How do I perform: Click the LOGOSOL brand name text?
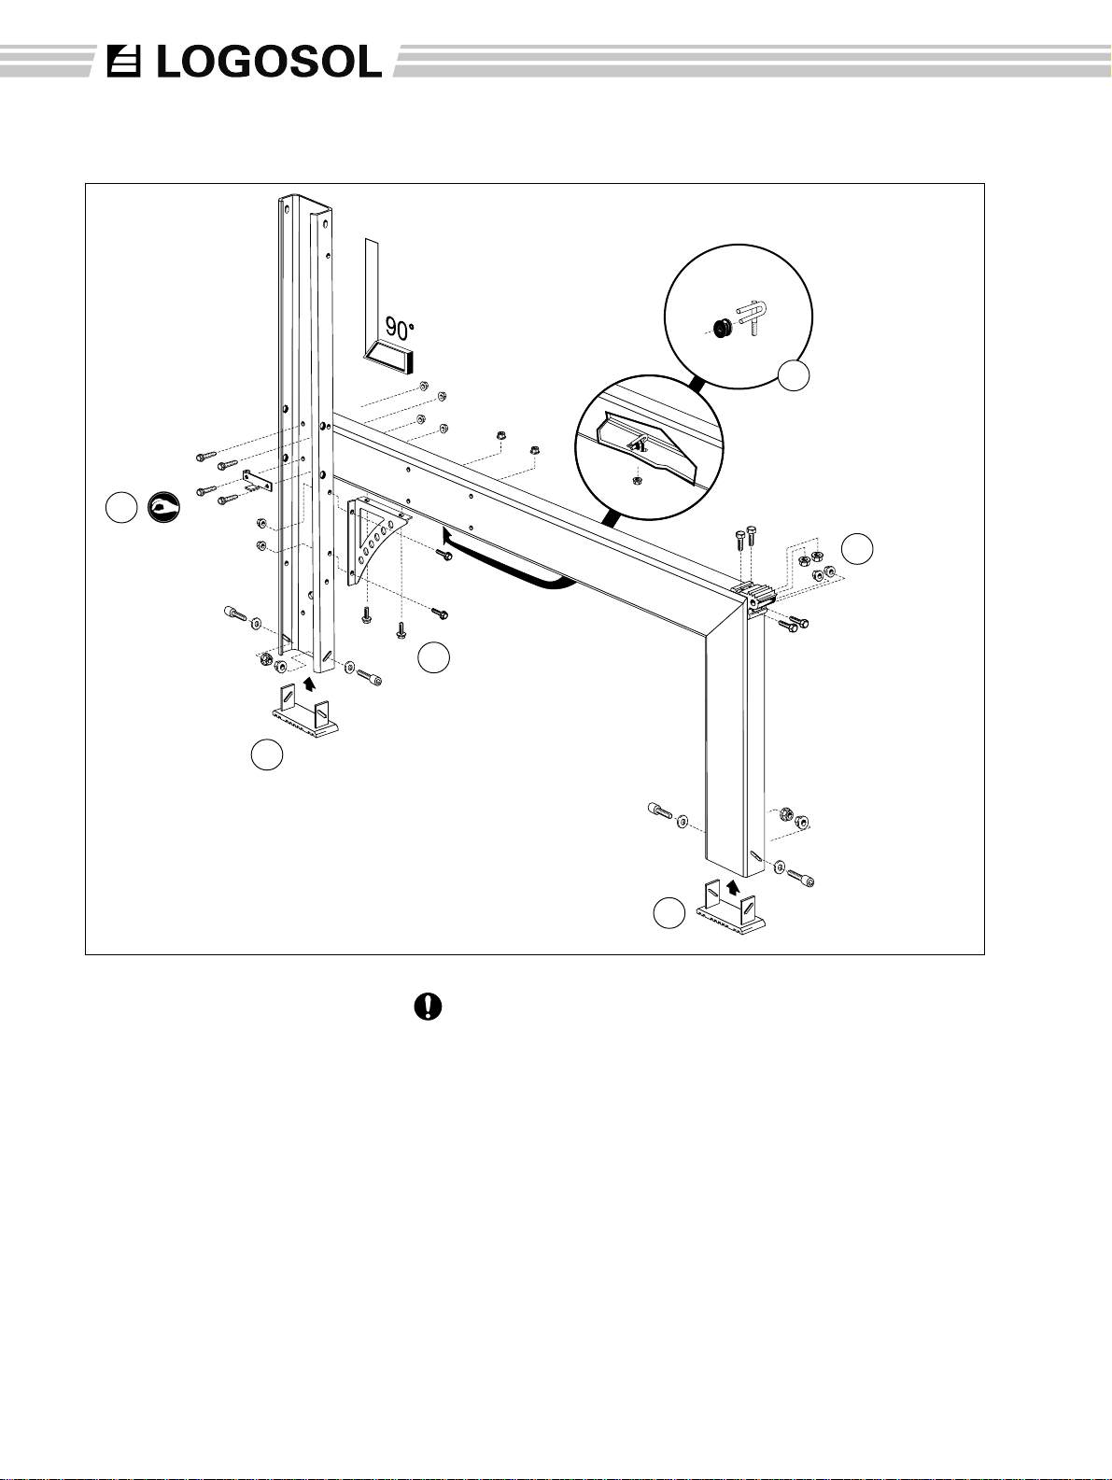click(270, 63)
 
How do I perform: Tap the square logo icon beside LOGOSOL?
click(124, 62)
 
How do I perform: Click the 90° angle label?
click(400, 329)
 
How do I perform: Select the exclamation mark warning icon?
click(428, 1007)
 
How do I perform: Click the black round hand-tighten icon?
click(163, 507)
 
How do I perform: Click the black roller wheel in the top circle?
click(724, 329)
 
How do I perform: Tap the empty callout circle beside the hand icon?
click(121, 507)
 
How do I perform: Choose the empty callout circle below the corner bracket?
click(433, 657)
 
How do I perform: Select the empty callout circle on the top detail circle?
click(794, 374)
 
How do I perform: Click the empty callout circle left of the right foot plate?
click(669, 913)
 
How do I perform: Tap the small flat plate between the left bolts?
click(256, 479)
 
